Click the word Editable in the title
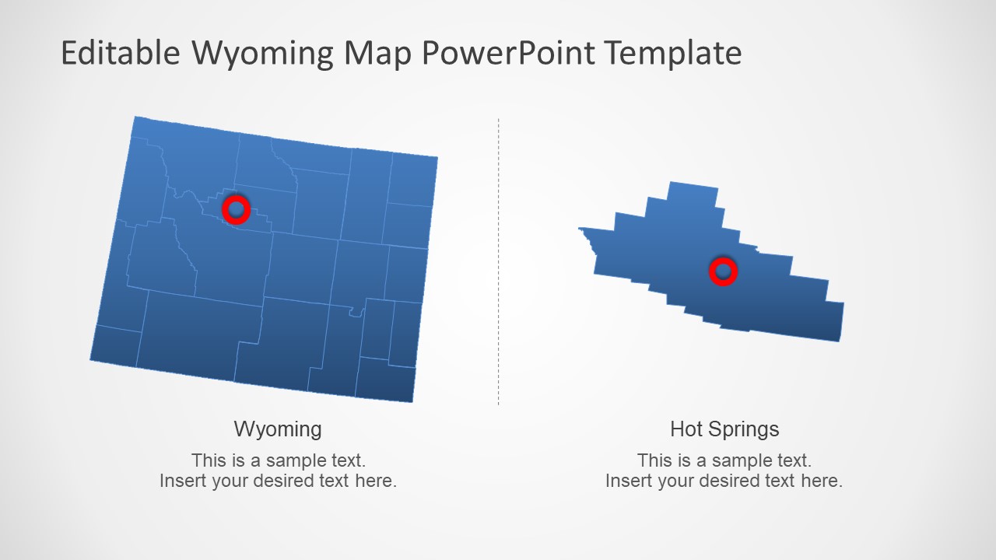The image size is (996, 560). click(x=120, y=54)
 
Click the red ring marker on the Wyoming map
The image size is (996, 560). click(x=236, y=209)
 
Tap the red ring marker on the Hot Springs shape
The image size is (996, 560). click(x=723, y=271)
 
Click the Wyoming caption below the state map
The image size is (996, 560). click(x=278, y=429)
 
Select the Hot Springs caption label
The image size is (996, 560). click(x=724, y=429)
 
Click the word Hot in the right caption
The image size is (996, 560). click(x=686, y=429)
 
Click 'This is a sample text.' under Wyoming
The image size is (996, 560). click(x=278, y=460)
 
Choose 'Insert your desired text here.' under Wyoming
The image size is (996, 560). click(x=278, y=481)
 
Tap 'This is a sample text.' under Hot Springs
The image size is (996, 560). click(x=724, y=460)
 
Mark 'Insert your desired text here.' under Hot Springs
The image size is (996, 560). click(x=724, y=481)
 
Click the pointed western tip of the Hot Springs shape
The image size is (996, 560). click(x=582, y=229)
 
